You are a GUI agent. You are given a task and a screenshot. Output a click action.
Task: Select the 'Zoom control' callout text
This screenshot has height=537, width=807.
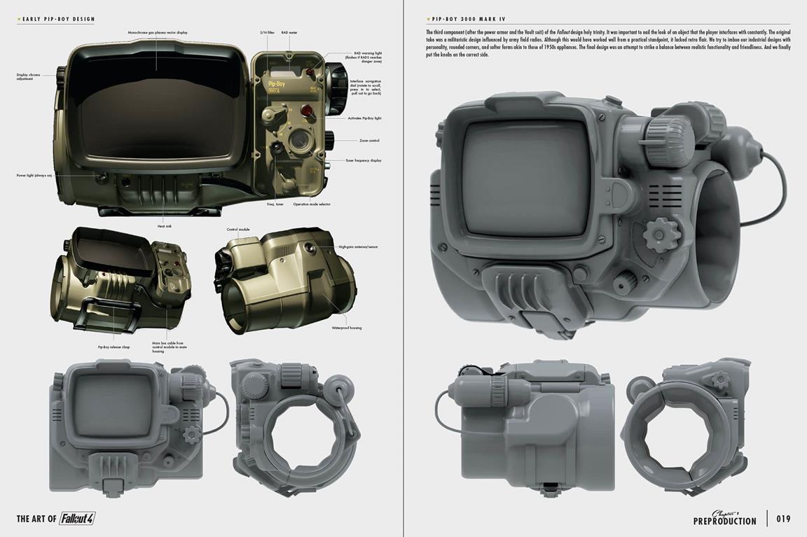[369, 141]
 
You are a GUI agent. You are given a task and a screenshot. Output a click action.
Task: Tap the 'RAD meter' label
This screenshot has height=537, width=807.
[289, 33]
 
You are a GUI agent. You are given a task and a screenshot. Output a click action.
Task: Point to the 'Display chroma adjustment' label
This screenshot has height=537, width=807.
[26, 77]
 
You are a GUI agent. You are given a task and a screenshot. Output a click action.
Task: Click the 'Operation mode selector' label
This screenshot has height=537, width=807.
[312, 204]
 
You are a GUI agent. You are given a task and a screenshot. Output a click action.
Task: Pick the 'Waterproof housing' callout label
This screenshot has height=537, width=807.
[347, 328]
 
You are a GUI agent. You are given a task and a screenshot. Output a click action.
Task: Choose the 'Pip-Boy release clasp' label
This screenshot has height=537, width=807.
[113, 347]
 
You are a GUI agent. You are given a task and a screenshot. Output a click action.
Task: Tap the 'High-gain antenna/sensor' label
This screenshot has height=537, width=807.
[358, 247]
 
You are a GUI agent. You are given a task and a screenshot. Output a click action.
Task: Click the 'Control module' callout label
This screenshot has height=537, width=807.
[237, 230]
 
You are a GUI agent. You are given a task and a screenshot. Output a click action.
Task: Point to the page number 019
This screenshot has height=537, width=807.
[783, 519]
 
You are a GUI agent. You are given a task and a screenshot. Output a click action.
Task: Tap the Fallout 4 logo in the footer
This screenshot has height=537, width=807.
[77, 519]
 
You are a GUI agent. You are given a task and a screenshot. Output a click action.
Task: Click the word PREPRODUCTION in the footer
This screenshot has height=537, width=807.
[724, 521]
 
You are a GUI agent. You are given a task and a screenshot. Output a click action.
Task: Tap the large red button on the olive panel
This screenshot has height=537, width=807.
[306, 110]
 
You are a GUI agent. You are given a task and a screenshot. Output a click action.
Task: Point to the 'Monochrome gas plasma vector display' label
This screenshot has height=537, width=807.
[158, 33]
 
